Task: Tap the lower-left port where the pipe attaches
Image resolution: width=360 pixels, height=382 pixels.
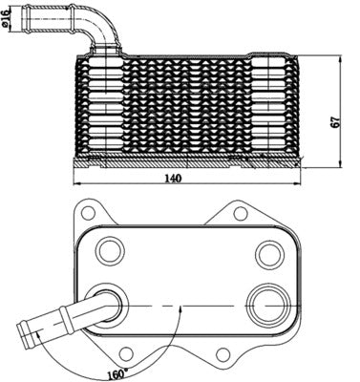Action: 108,306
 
